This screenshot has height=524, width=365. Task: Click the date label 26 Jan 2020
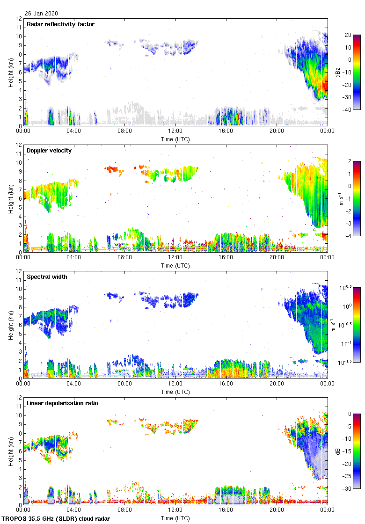(x=41, y=14)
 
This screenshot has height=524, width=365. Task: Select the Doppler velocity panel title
(x=47, y=151)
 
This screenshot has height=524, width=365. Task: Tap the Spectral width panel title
(x=47, y=277)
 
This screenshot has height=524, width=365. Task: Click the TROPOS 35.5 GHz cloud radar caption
(x=56, y=519)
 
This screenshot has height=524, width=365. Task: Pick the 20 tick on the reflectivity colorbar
(x=348, y=35)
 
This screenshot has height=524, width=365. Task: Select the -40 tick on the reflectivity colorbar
(x=348, y=110)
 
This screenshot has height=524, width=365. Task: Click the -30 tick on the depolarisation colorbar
(x=348, y=489)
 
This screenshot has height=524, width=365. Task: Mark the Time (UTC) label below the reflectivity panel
(x=175, y=139)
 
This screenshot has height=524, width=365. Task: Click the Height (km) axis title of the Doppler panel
(x=10, y=198)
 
